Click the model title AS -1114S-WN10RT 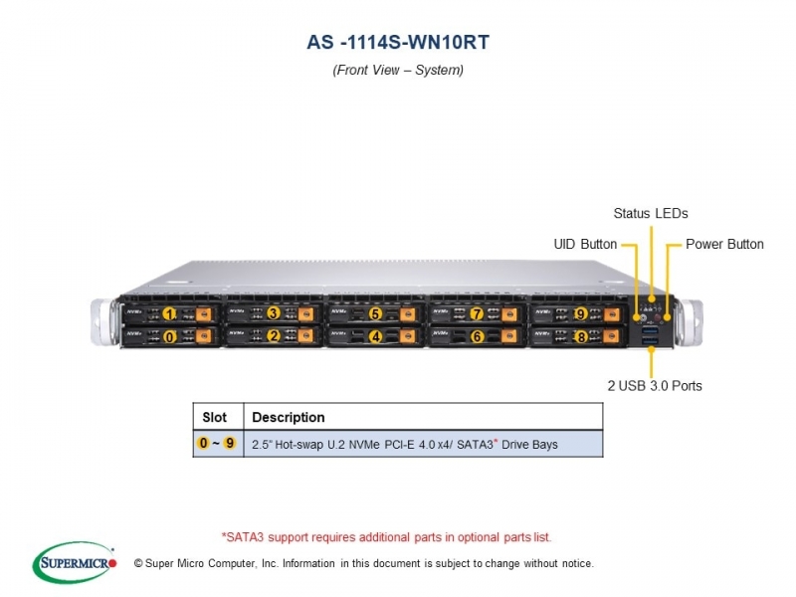click(398, 42)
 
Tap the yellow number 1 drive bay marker click(169, 314)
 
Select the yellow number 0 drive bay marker click(169, 336)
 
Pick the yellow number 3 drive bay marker click(274, 313)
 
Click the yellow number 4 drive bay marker click(376, 336)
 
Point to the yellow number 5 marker click(375, 314)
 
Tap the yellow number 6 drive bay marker click(478, 336)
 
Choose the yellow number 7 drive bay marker click(477, 314)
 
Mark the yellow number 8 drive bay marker click(581, 336)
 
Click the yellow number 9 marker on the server click(581, 314)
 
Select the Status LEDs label click(651, 213)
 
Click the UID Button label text click(585, 244)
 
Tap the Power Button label click(724, 244)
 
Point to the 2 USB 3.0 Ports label click(655, 386)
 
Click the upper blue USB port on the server click(651, 330)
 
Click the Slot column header click(214, 417)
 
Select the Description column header click(289, 417)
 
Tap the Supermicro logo click(75, 562)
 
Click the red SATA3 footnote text click(386, 537)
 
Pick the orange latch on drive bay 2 click(305, 336)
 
